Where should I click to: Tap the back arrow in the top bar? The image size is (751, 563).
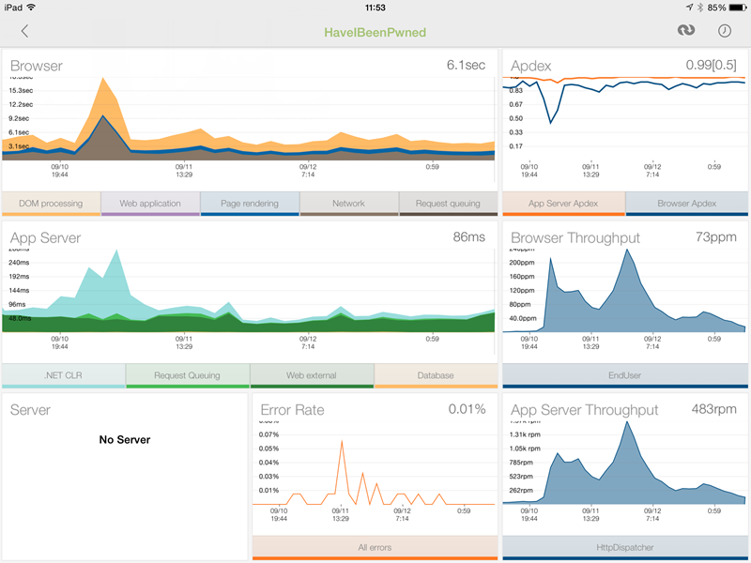click(24, 31)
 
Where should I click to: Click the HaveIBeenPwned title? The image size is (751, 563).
click(375, 32)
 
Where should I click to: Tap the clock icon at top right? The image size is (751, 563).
click(725, 31)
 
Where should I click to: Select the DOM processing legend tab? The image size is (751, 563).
click(51, 203)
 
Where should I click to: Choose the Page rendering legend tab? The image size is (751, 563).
click(250, 203)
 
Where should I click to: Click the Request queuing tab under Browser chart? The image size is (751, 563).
click(447, 203)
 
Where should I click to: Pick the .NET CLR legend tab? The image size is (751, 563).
click(63, 375)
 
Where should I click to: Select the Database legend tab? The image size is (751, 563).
click(436, 375)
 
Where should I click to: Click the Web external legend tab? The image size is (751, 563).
click(312, 375)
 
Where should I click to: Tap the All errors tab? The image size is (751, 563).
click(375, 547)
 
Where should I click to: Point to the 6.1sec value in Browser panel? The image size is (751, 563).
click(466, 65)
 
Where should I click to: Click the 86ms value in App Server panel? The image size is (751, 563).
click(469, 237)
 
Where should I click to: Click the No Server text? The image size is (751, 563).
click(125, 439)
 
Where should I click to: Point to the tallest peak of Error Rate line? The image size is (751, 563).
click(342, 441)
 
